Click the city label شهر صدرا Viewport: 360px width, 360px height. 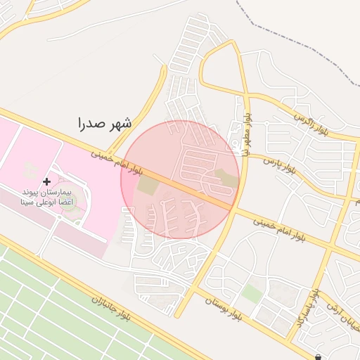tap(105, 124)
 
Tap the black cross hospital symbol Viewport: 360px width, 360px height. tap(47, 181)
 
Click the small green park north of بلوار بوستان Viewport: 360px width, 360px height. tap(252, 292)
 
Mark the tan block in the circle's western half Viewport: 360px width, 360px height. tap(148, 186)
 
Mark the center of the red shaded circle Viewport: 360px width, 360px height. tap(180, 180)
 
